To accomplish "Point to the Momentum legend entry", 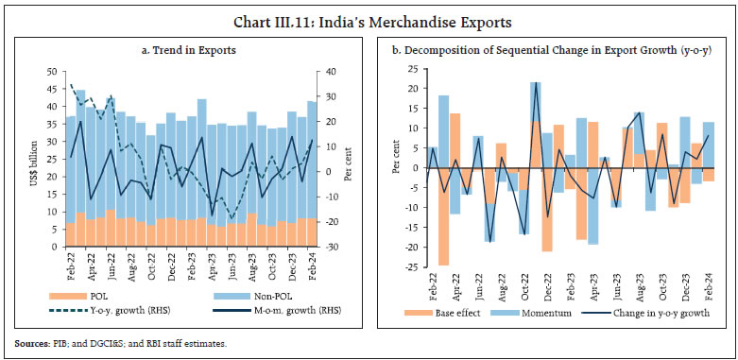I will tap(552, 312).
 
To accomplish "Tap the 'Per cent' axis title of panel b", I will tap(397, 168).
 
